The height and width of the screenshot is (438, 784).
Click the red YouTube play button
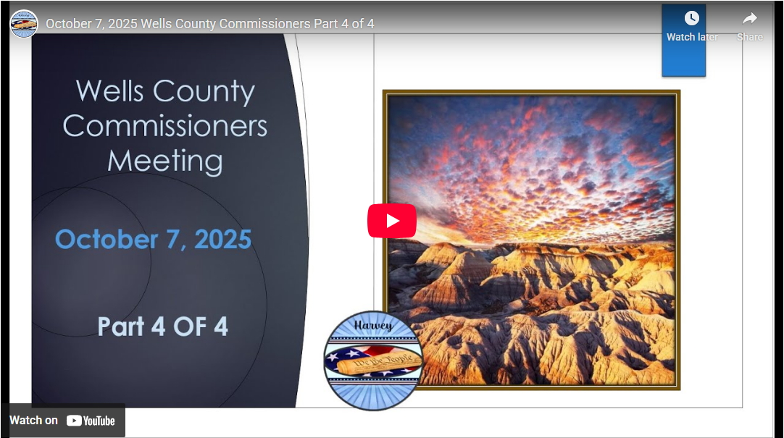point(391,221)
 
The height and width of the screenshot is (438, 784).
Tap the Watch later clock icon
point(691,18)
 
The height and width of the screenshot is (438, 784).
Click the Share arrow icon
point(750,18)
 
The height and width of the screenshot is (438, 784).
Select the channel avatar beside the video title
point(24,24)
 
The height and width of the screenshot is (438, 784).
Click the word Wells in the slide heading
point(109,92)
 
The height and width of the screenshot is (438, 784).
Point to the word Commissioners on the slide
point(165,126)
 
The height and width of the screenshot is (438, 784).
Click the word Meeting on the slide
point(165,161)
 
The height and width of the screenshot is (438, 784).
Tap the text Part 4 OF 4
point(163,327)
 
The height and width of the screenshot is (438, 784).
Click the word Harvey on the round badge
point(373,326)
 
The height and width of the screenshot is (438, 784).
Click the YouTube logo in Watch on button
point(91,421)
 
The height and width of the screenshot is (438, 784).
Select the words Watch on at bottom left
point(33,421)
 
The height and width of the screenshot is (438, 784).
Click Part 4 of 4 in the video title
point(343,24)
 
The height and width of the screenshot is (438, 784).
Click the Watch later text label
point(692,37)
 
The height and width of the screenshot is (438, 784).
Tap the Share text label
point(750,37)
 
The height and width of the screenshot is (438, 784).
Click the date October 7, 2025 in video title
point(91,24)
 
